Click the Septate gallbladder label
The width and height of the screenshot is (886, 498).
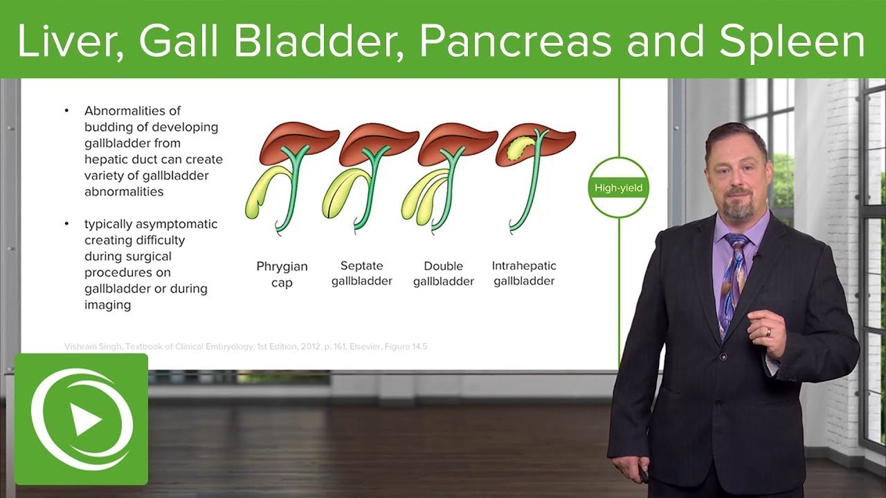361,274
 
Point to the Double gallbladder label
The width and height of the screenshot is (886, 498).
443,274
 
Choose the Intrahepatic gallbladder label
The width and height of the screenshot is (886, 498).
524,273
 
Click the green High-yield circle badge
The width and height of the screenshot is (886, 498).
618,187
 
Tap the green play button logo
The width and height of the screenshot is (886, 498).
82,419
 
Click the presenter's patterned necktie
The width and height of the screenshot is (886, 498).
733,277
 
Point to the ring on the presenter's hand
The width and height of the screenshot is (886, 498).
767,332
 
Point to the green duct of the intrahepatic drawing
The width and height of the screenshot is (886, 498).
533,187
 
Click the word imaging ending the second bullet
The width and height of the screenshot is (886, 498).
107,305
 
